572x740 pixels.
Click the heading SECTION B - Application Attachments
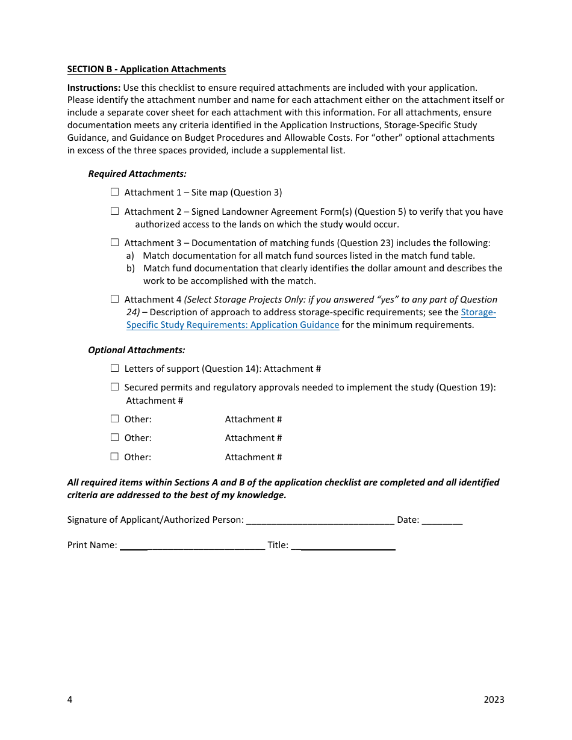coord(146,69)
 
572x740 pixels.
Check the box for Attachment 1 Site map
coord(114,192)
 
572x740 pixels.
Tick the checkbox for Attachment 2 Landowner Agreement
coord(114,211)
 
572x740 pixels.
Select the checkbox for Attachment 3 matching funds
coord(114,242)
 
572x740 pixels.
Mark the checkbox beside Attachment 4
coord(114,299)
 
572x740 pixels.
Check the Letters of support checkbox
coord(114,368)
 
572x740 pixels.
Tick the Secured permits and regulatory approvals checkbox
coord(114,387)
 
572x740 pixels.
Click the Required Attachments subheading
coord(137,174)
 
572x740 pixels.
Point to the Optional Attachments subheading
coord(137,350)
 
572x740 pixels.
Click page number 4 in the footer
coord(70,699)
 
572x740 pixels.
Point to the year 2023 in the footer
coord(494,699)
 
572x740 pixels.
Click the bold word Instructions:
coord(94,88)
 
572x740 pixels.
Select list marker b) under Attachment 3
coord(131,268)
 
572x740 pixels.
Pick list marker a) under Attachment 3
coord(131,256)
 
